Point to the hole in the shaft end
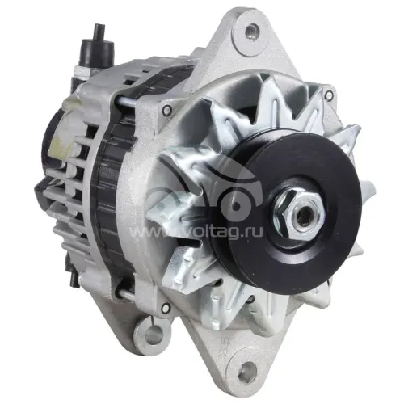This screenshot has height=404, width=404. point(302,216)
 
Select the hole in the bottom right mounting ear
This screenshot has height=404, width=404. point(248,368)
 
